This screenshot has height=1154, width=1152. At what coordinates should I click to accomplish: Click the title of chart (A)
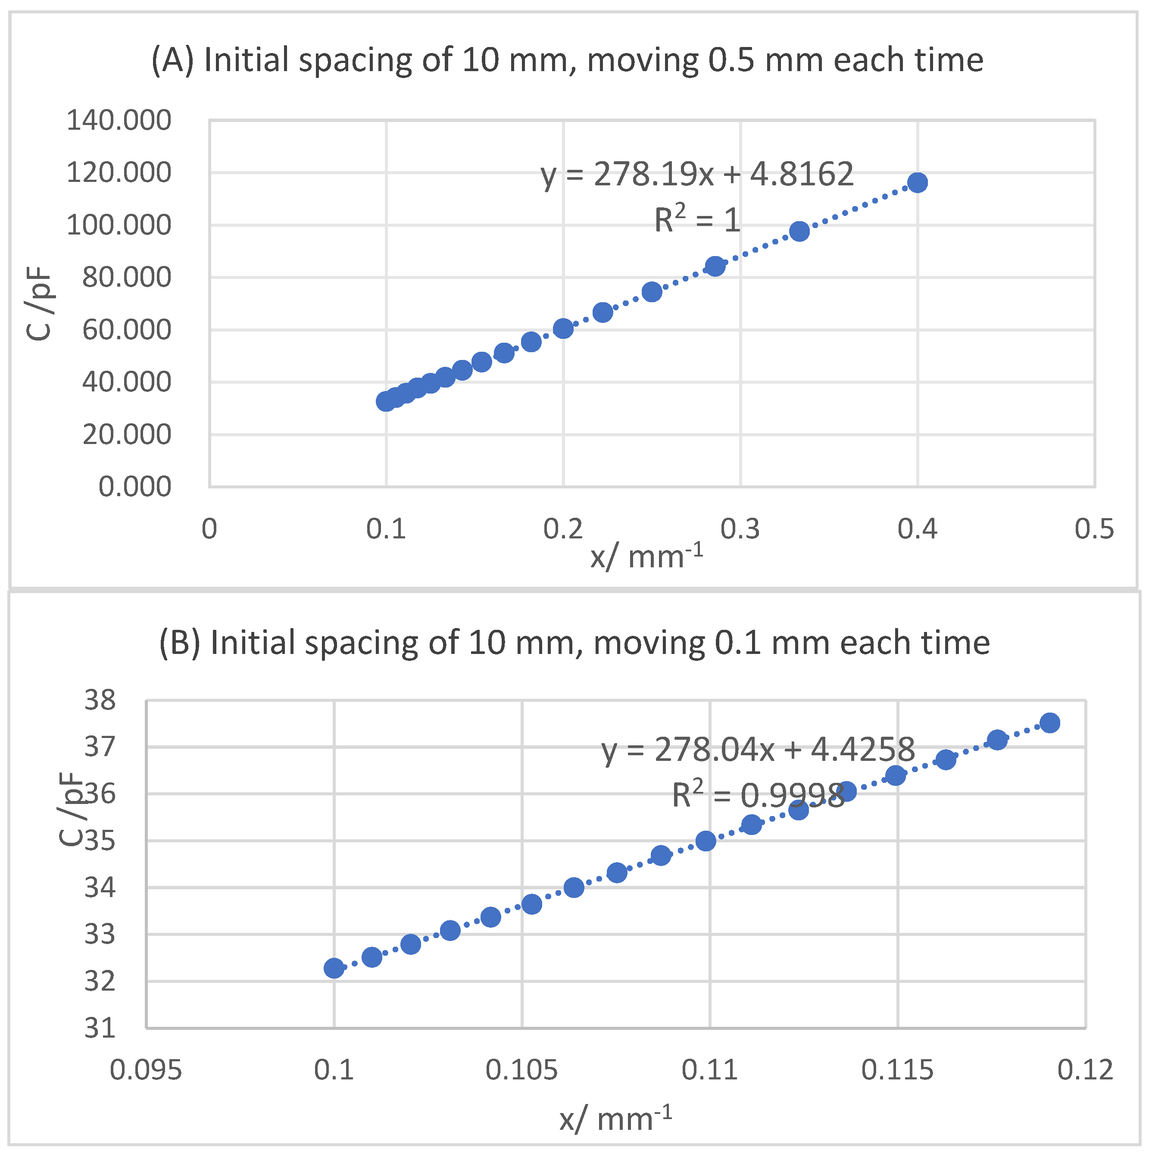tap(567, 60)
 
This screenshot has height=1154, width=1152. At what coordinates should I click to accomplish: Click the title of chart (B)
tap(574, 643)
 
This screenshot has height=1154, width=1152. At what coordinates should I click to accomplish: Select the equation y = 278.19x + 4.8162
tap(697, 175)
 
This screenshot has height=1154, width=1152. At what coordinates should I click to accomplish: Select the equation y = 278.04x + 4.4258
tap(757, 749)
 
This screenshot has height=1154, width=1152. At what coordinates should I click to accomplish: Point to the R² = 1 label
tap(697, 220)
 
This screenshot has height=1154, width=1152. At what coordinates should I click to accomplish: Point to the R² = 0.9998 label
tap(757, 795)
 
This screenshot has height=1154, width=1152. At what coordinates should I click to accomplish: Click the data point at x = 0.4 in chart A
tap(917, 183)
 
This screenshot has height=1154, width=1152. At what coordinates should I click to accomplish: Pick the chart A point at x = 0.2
tap(563, 328)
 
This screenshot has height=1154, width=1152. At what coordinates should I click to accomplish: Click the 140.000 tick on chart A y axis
tap(118, 121)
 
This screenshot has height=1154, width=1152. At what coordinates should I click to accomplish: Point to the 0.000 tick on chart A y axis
tap(134, 487)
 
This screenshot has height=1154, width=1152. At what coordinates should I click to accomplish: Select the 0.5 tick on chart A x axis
tap(1094, 529)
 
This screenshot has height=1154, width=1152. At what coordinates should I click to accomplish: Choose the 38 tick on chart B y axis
tap(100, 700)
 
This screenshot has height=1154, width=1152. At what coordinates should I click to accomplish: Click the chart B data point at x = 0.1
tap(334, 968)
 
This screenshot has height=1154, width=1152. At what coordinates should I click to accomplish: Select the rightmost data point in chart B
tap(1049, 723)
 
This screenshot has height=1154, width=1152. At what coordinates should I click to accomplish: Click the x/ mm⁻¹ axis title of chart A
tap(647, 557)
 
